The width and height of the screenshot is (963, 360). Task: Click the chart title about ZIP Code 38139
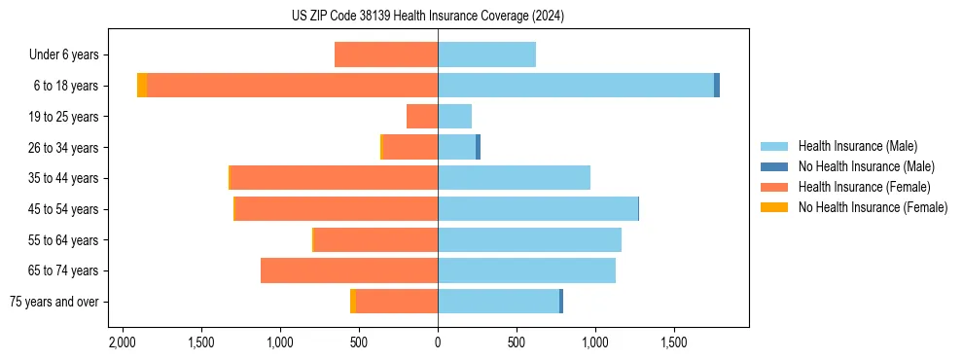427,16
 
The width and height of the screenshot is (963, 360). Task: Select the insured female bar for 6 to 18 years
292,86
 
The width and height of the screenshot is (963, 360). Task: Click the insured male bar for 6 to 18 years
576,86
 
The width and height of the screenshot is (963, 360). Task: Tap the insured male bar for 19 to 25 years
454,117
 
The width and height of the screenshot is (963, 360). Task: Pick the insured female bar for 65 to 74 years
349,270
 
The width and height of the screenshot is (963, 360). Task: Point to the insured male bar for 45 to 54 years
538,209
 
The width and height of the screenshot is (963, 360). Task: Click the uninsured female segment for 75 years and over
353,302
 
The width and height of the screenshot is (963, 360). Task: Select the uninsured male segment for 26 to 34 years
478,147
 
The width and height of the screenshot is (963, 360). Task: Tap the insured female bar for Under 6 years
386,55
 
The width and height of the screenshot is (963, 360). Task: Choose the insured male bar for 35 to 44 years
514,178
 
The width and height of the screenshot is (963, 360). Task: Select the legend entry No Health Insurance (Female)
873,207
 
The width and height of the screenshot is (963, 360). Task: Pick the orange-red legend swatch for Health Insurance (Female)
774,187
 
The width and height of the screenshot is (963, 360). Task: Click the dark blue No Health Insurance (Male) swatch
774,166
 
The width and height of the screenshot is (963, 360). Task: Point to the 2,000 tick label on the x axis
123,342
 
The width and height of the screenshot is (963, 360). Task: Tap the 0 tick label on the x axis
438,342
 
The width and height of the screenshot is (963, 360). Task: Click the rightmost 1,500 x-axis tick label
674,342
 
